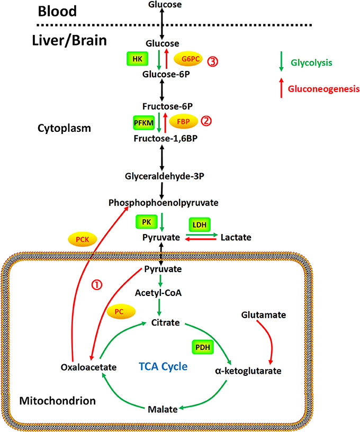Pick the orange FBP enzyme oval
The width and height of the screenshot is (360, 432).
pyautogui.click(x=183, y=121)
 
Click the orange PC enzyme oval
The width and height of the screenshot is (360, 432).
pyautogui.click(x=121, y=312)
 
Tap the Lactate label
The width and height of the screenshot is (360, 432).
pyautogui.click(x=237, y=239)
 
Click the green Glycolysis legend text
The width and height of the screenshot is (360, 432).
pyautogui.click(x=311, y=63)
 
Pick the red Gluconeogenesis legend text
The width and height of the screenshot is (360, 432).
pyautogui.click(x=322, y=89)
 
